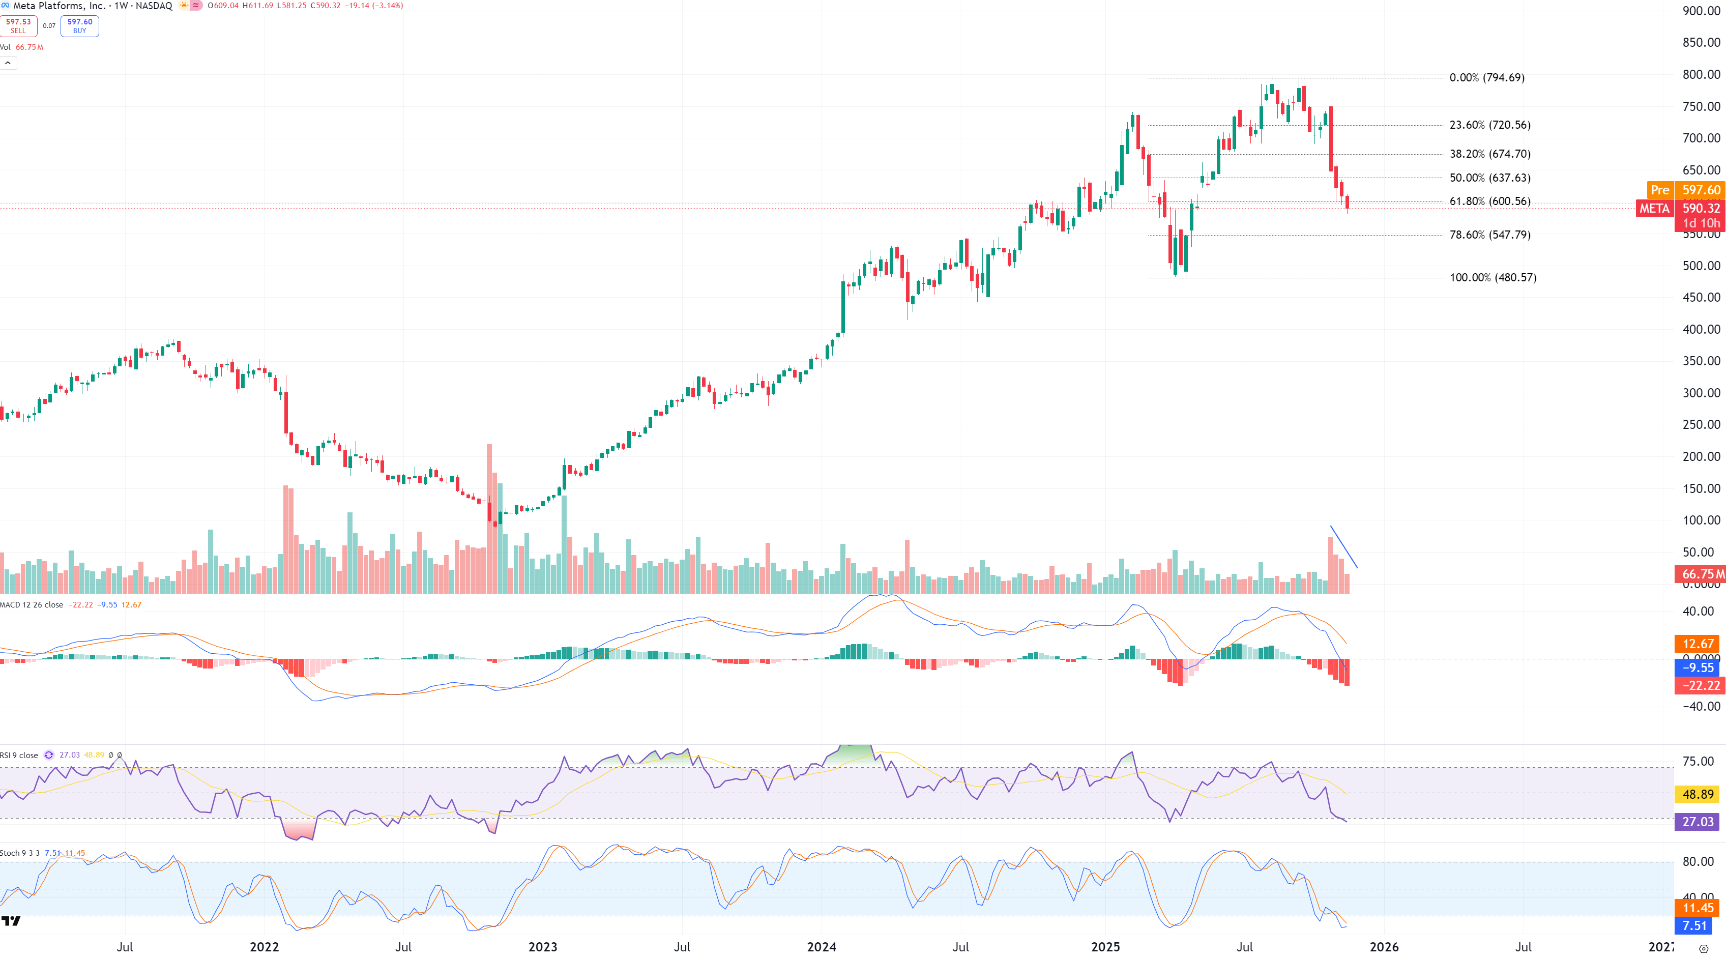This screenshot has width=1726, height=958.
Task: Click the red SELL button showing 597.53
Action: pyautogui.click(x=19, y=26)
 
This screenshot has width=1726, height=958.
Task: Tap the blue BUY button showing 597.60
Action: pyautogui.click(x=80, y=26)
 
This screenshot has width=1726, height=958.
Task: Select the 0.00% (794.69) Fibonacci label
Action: pyautogui.click(x=1486, y=78)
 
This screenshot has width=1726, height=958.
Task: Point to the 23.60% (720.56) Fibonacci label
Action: pyautogui.click(x=1489, y=125)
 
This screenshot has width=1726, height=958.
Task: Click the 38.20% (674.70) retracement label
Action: pyautogui.click(x=1489, y=154)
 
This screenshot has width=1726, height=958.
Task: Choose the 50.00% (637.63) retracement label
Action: pyautogui.click(x=1489, y=178)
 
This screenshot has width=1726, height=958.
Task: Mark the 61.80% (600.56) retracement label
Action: pyautogui.click(x=1489, y=201)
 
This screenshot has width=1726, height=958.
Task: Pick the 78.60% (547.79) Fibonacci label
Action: pyautogui.click(x=1489, y=235)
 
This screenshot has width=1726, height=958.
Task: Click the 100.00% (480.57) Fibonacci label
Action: pyautogui.click(x=1492, y=278)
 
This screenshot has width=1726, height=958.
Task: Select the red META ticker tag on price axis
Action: pyautogui.click(x=1654, y=209)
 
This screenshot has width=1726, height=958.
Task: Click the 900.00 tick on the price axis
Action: pyautogui.click(x=1701, y=11)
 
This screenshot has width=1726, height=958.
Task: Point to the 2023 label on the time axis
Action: pyautogui.click(x=543, y=947)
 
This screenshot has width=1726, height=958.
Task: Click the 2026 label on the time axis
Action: pyautogui.click(x=1384, y=947)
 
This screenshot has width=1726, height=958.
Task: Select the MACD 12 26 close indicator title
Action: pyautogui.click(x=32, y=605)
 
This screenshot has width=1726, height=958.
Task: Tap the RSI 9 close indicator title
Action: pyautogui.click(x=19, y=755)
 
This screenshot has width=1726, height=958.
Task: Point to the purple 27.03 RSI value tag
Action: pyautogui.click(x=1697, y=821)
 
